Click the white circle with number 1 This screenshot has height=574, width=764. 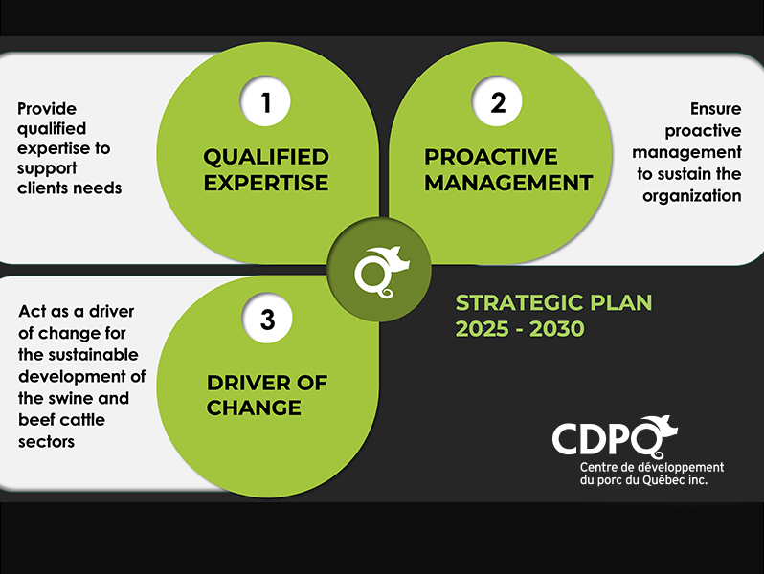tap(265, 101)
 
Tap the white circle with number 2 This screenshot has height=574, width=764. tap(497, 101)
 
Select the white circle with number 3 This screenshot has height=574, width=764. tap(267, 318)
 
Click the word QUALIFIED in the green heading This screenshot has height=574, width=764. tap(266, 157)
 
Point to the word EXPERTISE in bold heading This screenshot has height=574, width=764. tap(266, 183)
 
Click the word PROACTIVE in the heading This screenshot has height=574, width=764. tap(490, 157)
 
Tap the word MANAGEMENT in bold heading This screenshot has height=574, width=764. tap(508, 183)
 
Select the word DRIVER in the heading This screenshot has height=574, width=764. tap(249, 383)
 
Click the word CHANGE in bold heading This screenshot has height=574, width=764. tap(254, 408)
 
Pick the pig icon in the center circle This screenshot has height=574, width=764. tap(381, 271)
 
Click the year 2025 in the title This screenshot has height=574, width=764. tap(482, 329)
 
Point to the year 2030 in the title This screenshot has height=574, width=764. tap(557, 329)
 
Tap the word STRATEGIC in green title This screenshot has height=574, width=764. tap(519, 303)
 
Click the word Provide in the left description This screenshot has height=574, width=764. tap(47, 108)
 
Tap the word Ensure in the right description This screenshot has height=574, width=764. tap(716, 108)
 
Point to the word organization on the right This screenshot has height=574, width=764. tap(692, 196)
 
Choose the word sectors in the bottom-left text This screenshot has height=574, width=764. tap(46, 442)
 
